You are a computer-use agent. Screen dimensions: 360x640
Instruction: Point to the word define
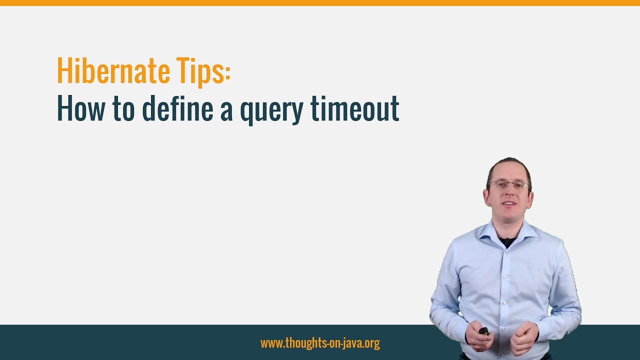177,108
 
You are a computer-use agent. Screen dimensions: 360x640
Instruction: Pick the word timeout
354,108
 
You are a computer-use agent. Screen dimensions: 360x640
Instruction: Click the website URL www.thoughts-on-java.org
320,343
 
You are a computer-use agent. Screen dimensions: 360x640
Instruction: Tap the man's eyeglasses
508,185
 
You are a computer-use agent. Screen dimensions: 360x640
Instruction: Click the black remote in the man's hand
483,331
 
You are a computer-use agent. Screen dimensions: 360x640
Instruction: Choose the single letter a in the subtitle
226,111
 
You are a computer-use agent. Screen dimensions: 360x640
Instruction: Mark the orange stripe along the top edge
320,3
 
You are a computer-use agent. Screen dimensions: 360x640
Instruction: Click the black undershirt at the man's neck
507,241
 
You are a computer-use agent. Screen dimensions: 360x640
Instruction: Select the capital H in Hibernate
63,71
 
